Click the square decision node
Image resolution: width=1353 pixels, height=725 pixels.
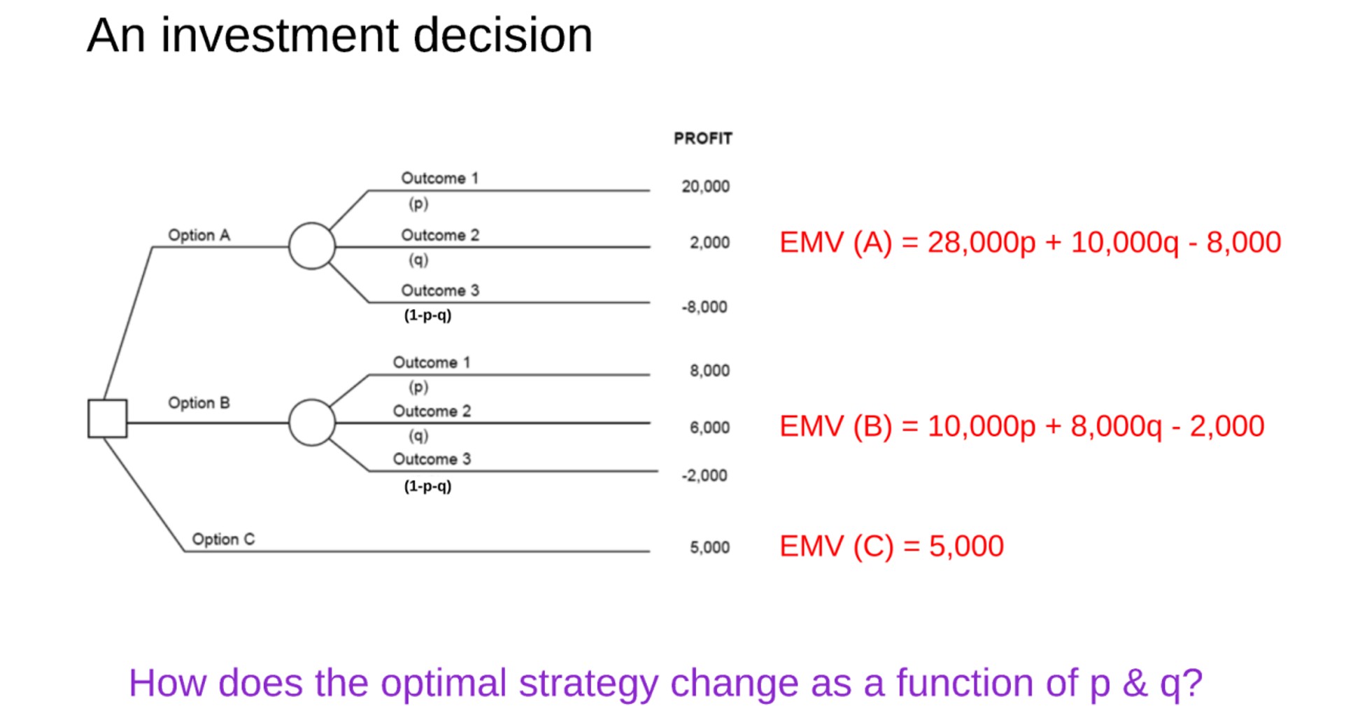coord(107,418)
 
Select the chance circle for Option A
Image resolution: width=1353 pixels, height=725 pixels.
coord(312,246)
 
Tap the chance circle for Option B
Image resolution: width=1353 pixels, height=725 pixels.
coord(312,423)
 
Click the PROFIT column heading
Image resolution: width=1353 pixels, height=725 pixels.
coord(702,139)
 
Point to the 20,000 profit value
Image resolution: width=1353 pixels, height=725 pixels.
coord(705,187)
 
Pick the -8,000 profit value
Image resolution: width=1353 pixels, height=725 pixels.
coord(704,307)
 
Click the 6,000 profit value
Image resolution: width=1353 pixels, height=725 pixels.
coord(709,428)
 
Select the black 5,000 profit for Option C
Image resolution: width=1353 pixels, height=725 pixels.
coord(709,547)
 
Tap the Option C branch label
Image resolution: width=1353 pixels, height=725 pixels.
coord(223,540)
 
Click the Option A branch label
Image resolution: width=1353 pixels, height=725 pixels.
coord(199,235)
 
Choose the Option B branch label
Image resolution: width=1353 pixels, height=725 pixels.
coord(199,403)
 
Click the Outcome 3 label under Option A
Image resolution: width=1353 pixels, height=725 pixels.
coord(440,290)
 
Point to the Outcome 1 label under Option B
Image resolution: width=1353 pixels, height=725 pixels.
coord(432,362)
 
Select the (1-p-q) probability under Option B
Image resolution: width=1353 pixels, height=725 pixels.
coord(427,486)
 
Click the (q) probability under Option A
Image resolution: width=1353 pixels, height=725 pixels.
coord(418,260)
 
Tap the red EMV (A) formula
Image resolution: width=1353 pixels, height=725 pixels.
coord(1030,243)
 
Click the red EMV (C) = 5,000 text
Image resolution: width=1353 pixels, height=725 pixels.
coord(891,547)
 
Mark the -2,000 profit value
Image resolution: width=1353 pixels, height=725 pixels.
coord(704,476)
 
